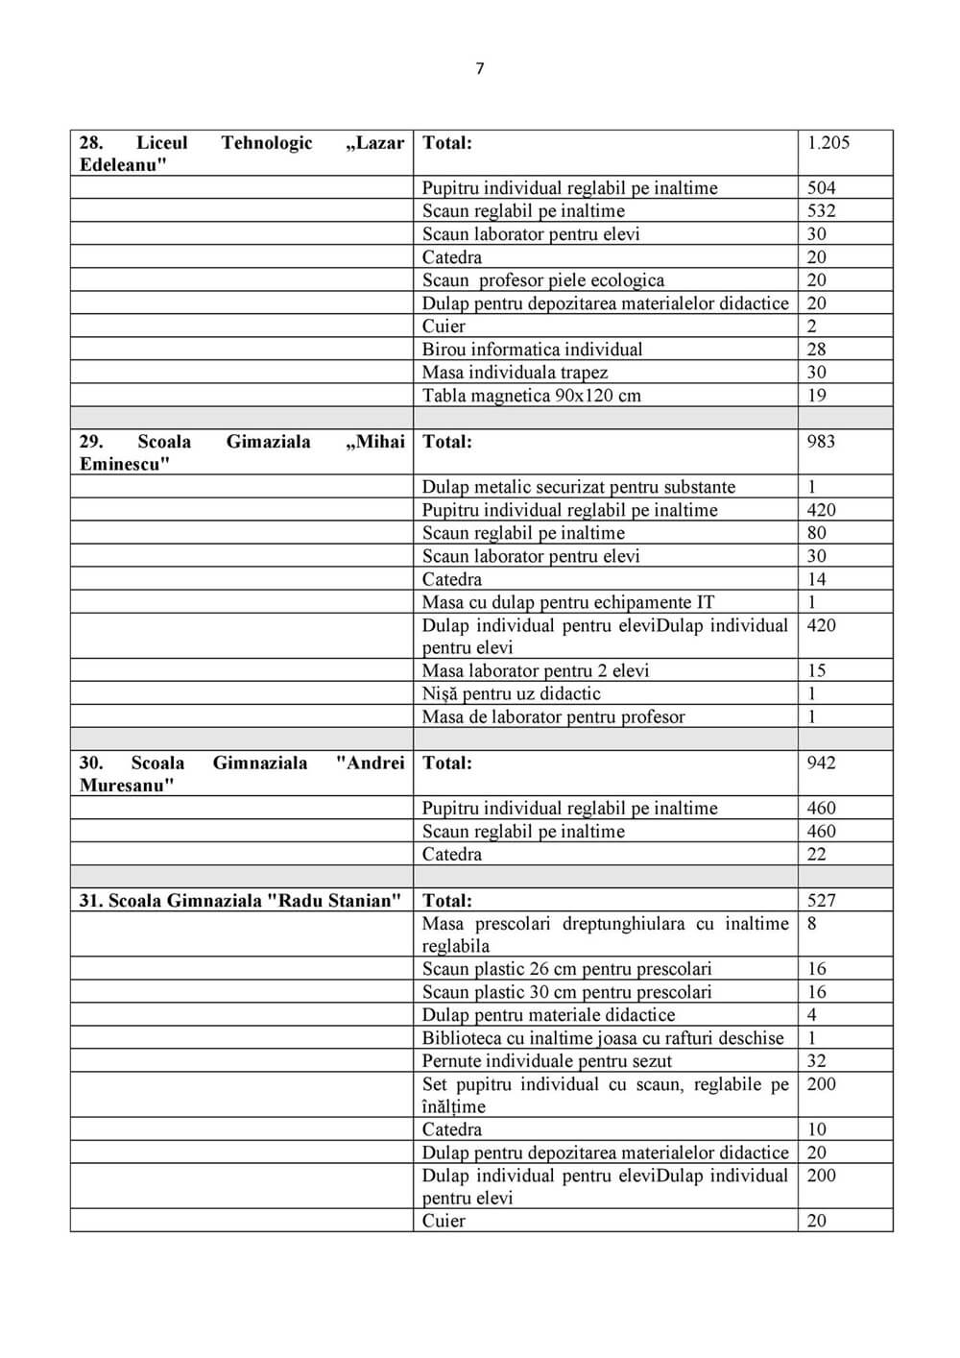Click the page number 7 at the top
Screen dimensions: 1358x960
click(x=480, y=68)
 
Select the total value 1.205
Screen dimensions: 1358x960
click(x=828, y=143)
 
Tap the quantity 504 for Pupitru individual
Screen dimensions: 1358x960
click(x=821, y=188)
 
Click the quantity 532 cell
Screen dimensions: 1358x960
click(x=821, y=211)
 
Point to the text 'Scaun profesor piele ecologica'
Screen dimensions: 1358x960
click(x=543, y=280)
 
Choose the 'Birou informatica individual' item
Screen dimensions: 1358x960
click(x=532, y=350)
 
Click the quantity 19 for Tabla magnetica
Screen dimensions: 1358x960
click(x=817, y=396)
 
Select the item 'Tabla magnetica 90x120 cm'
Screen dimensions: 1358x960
click(x=531, y=396)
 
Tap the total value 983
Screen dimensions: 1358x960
click(x=821, y=442)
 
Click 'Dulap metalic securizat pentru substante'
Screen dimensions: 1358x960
click(x=579, y=487)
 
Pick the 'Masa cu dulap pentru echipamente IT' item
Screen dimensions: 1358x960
click(x=568, y=602)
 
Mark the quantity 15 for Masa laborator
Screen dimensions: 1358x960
click(x=817, y=670)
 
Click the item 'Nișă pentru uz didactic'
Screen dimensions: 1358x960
click(x=511, y=693)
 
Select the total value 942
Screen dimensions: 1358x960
click(x=821, y=764)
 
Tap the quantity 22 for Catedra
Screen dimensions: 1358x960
click(x=817, y=855)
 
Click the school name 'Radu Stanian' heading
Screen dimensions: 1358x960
click(x=240, y=901)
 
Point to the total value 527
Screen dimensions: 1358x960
click(x=821, y=901)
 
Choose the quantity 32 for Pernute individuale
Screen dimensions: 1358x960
click(x=817, y=1061)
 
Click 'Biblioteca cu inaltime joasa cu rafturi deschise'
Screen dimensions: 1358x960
click(x=603, y=1038)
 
